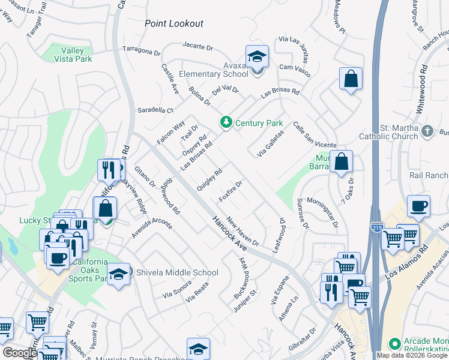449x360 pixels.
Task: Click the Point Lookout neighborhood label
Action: coord(174,24)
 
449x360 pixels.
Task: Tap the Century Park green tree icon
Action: coord(226,122)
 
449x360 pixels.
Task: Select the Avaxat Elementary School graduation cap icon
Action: coord(257,58)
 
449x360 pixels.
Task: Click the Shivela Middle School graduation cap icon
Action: coord(119,273)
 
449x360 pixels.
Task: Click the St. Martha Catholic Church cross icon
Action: coord(427,131)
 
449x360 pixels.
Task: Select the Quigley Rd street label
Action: coord(209,178)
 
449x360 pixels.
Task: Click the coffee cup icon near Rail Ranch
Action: coord(418,206)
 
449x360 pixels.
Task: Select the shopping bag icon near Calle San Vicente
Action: coord(341,161)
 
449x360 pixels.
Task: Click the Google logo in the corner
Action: coord(20,353)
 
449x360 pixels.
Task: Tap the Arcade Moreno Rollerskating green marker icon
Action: coord(394,344)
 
